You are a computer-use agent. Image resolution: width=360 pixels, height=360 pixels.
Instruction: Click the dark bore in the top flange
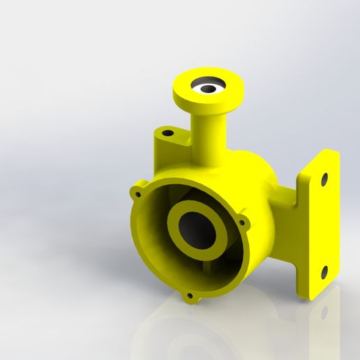pos(209,89)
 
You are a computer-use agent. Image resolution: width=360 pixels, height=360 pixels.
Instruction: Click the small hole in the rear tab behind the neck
pos(167,133)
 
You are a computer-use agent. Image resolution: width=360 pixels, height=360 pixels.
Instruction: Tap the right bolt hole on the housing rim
pos(243,223)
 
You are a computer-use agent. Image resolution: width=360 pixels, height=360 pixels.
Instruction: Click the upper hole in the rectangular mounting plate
pos(324,179)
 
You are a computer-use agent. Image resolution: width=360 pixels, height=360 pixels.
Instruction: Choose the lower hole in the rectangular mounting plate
pos(323,271)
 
